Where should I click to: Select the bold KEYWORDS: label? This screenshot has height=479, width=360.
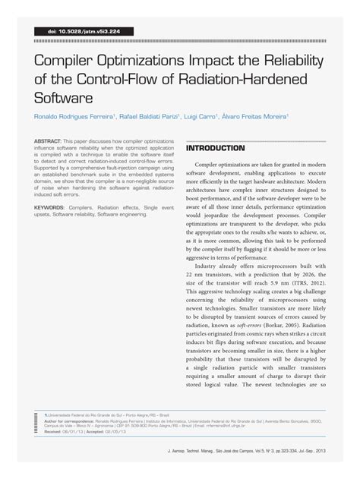click(x=52, y=206)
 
